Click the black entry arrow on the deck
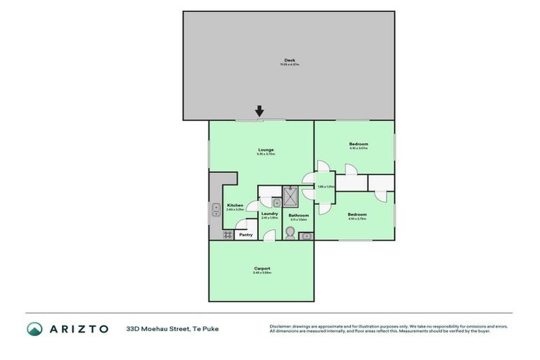pyautogui.click(x=259, y=111)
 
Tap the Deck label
pyautogui.click(x=289, y=60)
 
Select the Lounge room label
pyautogui.click(x=265, y=150)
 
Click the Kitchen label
pyautogui.click(x=235, y=205)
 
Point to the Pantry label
pyautogui.click(x=245, y=235)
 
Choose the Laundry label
pyautogui.click(x=269, y=214)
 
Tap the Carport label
pyautogui.click(x=262, y=269)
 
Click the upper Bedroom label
pyautogui.click(x=359, y=144)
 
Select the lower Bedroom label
pyautogui.click(x=356, y=214)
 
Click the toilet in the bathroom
pyautogui.click(x=289, y=232)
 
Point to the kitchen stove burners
pyautogui.click(x=228, y=235)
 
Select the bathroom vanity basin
pyautogui.click(x=305, y=236)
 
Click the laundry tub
pyautogui.click(x=276, y=202)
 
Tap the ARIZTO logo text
pyautogui.click(x=78, y=328)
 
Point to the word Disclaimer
pyautogui.click(x=281, y=326)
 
